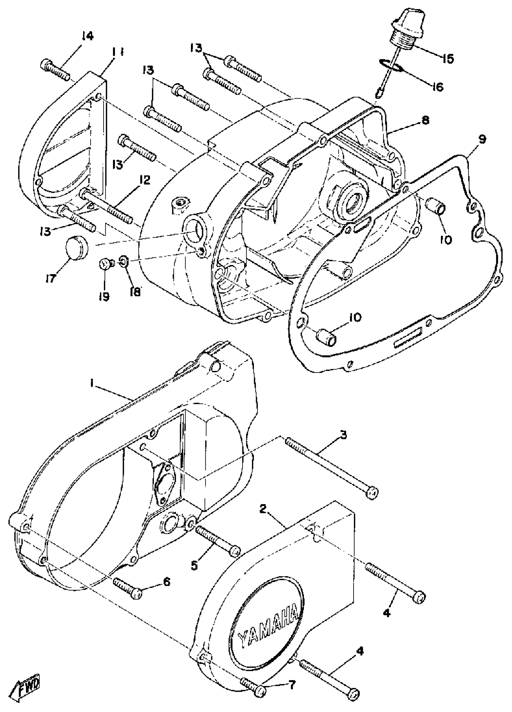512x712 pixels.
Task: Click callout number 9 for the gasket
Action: point(482,139)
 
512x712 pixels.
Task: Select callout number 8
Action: point(425,120)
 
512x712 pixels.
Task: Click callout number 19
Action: point(105,296)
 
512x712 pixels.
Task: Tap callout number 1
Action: point(91,383)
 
